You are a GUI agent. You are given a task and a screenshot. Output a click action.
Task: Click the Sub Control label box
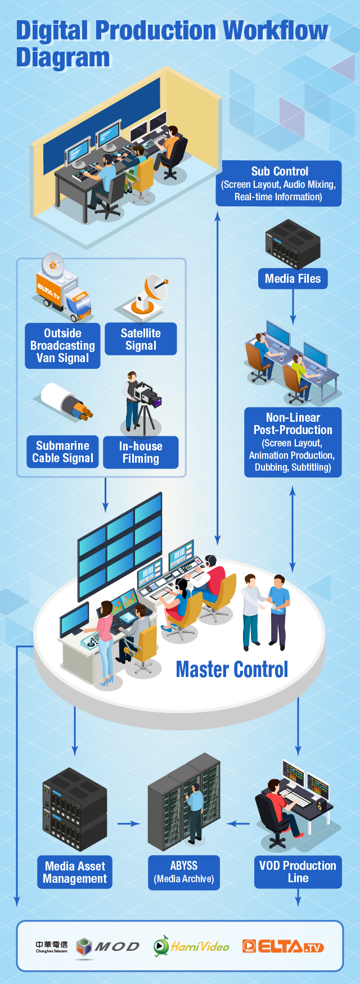point(278,183)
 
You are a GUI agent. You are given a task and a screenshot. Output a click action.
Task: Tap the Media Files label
point(292,278)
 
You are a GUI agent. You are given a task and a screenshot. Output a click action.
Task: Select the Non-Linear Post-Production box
point(292,443)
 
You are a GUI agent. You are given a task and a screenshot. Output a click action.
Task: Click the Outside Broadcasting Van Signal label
point(62,345)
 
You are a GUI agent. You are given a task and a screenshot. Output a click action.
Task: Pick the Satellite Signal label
point(141,339)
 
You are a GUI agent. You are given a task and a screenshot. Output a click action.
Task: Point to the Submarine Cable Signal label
point(62,452)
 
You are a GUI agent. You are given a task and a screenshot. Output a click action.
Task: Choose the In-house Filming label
point(141,453)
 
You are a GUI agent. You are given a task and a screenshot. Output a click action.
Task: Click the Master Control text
point(232,669)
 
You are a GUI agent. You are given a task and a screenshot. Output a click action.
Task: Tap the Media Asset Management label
point(75,872)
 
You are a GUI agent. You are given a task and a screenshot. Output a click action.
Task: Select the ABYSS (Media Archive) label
point(184,873)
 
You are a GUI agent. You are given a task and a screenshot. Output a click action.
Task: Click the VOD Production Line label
point(298,872)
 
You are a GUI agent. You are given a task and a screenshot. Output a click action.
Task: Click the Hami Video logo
point(191,946)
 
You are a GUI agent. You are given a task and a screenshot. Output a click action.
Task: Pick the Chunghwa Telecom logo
point(52,947)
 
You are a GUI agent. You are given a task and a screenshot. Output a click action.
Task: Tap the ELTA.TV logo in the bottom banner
point(283,947)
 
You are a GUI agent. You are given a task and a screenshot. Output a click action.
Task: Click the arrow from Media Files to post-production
point(292,307)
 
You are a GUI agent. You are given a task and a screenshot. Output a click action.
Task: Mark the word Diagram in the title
point(63,57)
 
